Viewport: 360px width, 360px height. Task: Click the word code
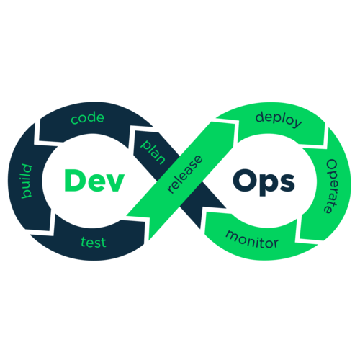88,118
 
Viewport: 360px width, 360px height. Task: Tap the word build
27,181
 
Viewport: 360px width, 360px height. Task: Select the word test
94,242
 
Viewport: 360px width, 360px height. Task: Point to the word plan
153,152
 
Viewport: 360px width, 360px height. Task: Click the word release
185,174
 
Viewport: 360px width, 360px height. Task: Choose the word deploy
279,120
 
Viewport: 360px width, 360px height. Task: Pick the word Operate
332,186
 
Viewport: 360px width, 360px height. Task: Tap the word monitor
252,240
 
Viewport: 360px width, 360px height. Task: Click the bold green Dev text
94,180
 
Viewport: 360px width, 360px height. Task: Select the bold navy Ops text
264,182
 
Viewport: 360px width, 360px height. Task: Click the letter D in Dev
73,180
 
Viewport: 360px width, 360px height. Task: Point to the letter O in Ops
244,180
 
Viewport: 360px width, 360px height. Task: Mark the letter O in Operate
333,165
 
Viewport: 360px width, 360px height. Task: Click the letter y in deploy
297,123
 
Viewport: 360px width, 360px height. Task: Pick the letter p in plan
145,145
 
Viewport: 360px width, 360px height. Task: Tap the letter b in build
27,194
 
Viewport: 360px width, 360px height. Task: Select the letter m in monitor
232,235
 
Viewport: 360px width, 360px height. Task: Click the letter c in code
74,120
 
